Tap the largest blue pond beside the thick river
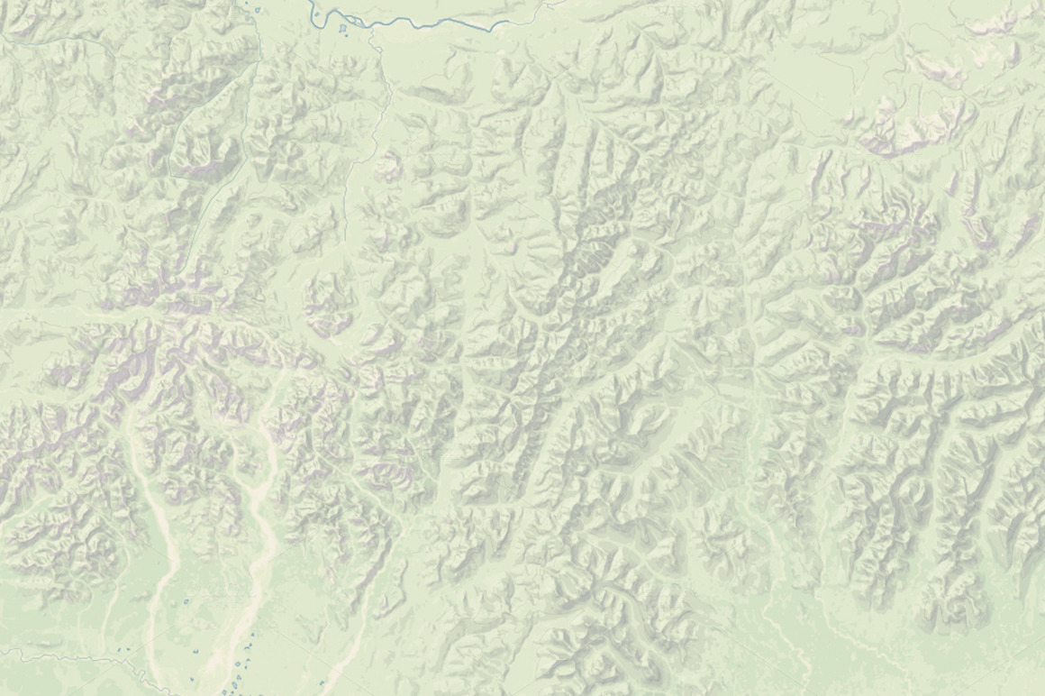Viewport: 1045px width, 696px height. [342, 30]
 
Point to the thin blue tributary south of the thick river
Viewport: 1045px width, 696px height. [383, 99]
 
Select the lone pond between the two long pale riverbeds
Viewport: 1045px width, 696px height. [186, 600]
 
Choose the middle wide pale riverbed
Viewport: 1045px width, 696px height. [261, 541]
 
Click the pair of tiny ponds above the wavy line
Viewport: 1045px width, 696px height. [127, 648]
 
